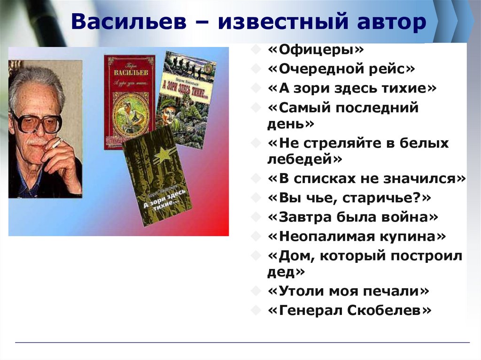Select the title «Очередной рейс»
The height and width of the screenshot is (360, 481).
(341, 69)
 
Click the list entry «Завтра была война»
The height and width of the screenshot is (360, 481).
(353, 217)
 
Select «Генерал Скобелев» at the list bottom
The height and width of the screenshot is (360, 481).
(349, 310)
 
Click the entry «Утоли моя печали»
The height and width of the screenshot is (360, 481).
(348, 291)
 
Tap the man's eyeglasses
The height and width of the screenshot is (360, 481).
(36, 122)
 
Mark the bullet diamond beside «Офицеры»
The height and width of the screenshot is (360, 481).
(255, 49)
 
